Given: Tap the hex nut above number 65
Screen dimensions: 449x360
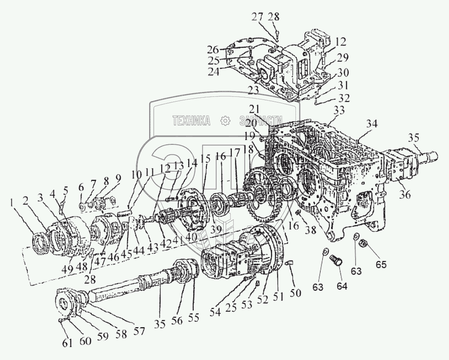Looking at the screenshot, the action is (x=364, y=245).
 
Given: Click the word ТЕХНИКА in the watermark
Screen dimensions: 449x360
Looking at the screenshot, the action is (x=192, y=121).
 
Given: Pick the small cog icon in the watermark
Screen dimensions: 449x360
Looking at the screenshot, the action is (x=224, y=121).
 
